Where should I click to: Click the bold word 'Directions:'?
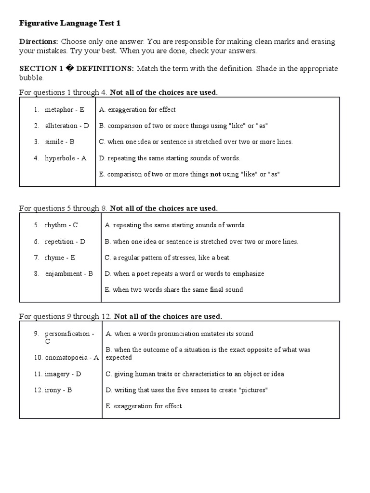(39, 42)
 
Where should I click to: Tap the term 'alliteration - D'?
(67, 126)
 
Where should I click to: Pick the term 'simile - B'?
(59, 142)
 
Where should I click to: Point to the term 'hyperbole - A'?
(66, 158)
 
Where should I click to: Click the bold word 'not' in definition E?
(215, 174)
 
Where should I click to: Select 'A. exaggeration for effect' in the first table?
(137, 110)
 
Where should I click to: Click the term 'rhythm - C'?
(61, 225)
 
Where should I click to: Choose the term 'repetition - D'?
(65, 241)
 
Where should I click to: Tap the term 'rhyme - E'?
(60, 258)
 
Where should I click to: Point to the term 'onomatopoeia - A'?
(71, 358)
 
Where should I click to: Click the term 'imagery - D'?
(63, 374)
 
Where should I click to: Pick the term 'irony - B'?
(58, 390)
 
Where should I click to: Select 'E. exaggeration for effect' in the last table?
(144, 406)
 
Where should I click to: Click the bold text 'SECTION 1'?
(41, 69)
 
